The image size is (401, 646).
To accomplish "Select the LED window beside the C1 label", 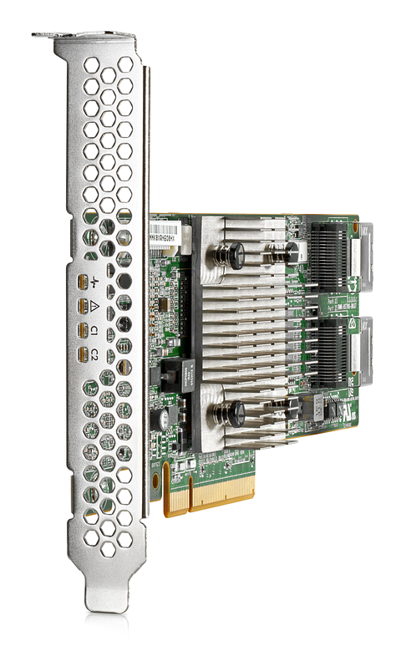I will (82, 332).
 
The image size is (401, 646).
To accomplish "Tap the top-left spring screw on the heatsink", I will (234, 255).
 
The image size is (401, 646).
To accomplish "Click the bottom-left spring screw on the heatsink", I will (235, 412).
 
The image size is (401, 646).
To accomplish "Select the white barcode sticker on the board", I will (168, 231).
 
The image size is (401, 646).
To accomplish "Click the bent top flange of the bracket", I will (84, 37).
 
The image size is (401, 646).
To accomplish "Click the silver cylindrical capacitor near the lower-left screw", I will (167, 415).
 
